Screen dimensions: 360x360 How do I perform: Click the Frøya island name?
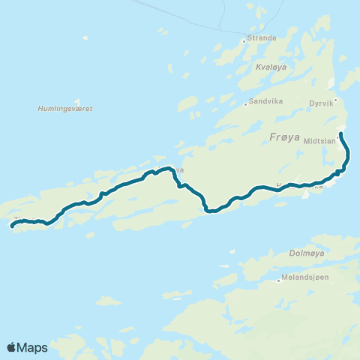(283, 136)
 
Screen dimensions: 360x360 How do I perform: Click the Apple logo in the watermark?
(12, 347)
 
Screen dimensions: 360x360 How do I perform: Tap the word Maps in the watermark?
(33, 347)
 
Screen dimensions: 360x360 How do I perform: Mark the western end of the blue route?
(12, 224)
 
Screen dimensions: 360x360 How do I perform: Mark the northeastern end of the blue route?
(341, 133)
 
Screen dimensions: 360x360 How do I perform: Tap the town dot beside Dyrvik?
(337, 100)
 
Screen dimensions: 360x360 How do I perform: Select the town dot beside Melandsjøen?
(278, 281)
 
